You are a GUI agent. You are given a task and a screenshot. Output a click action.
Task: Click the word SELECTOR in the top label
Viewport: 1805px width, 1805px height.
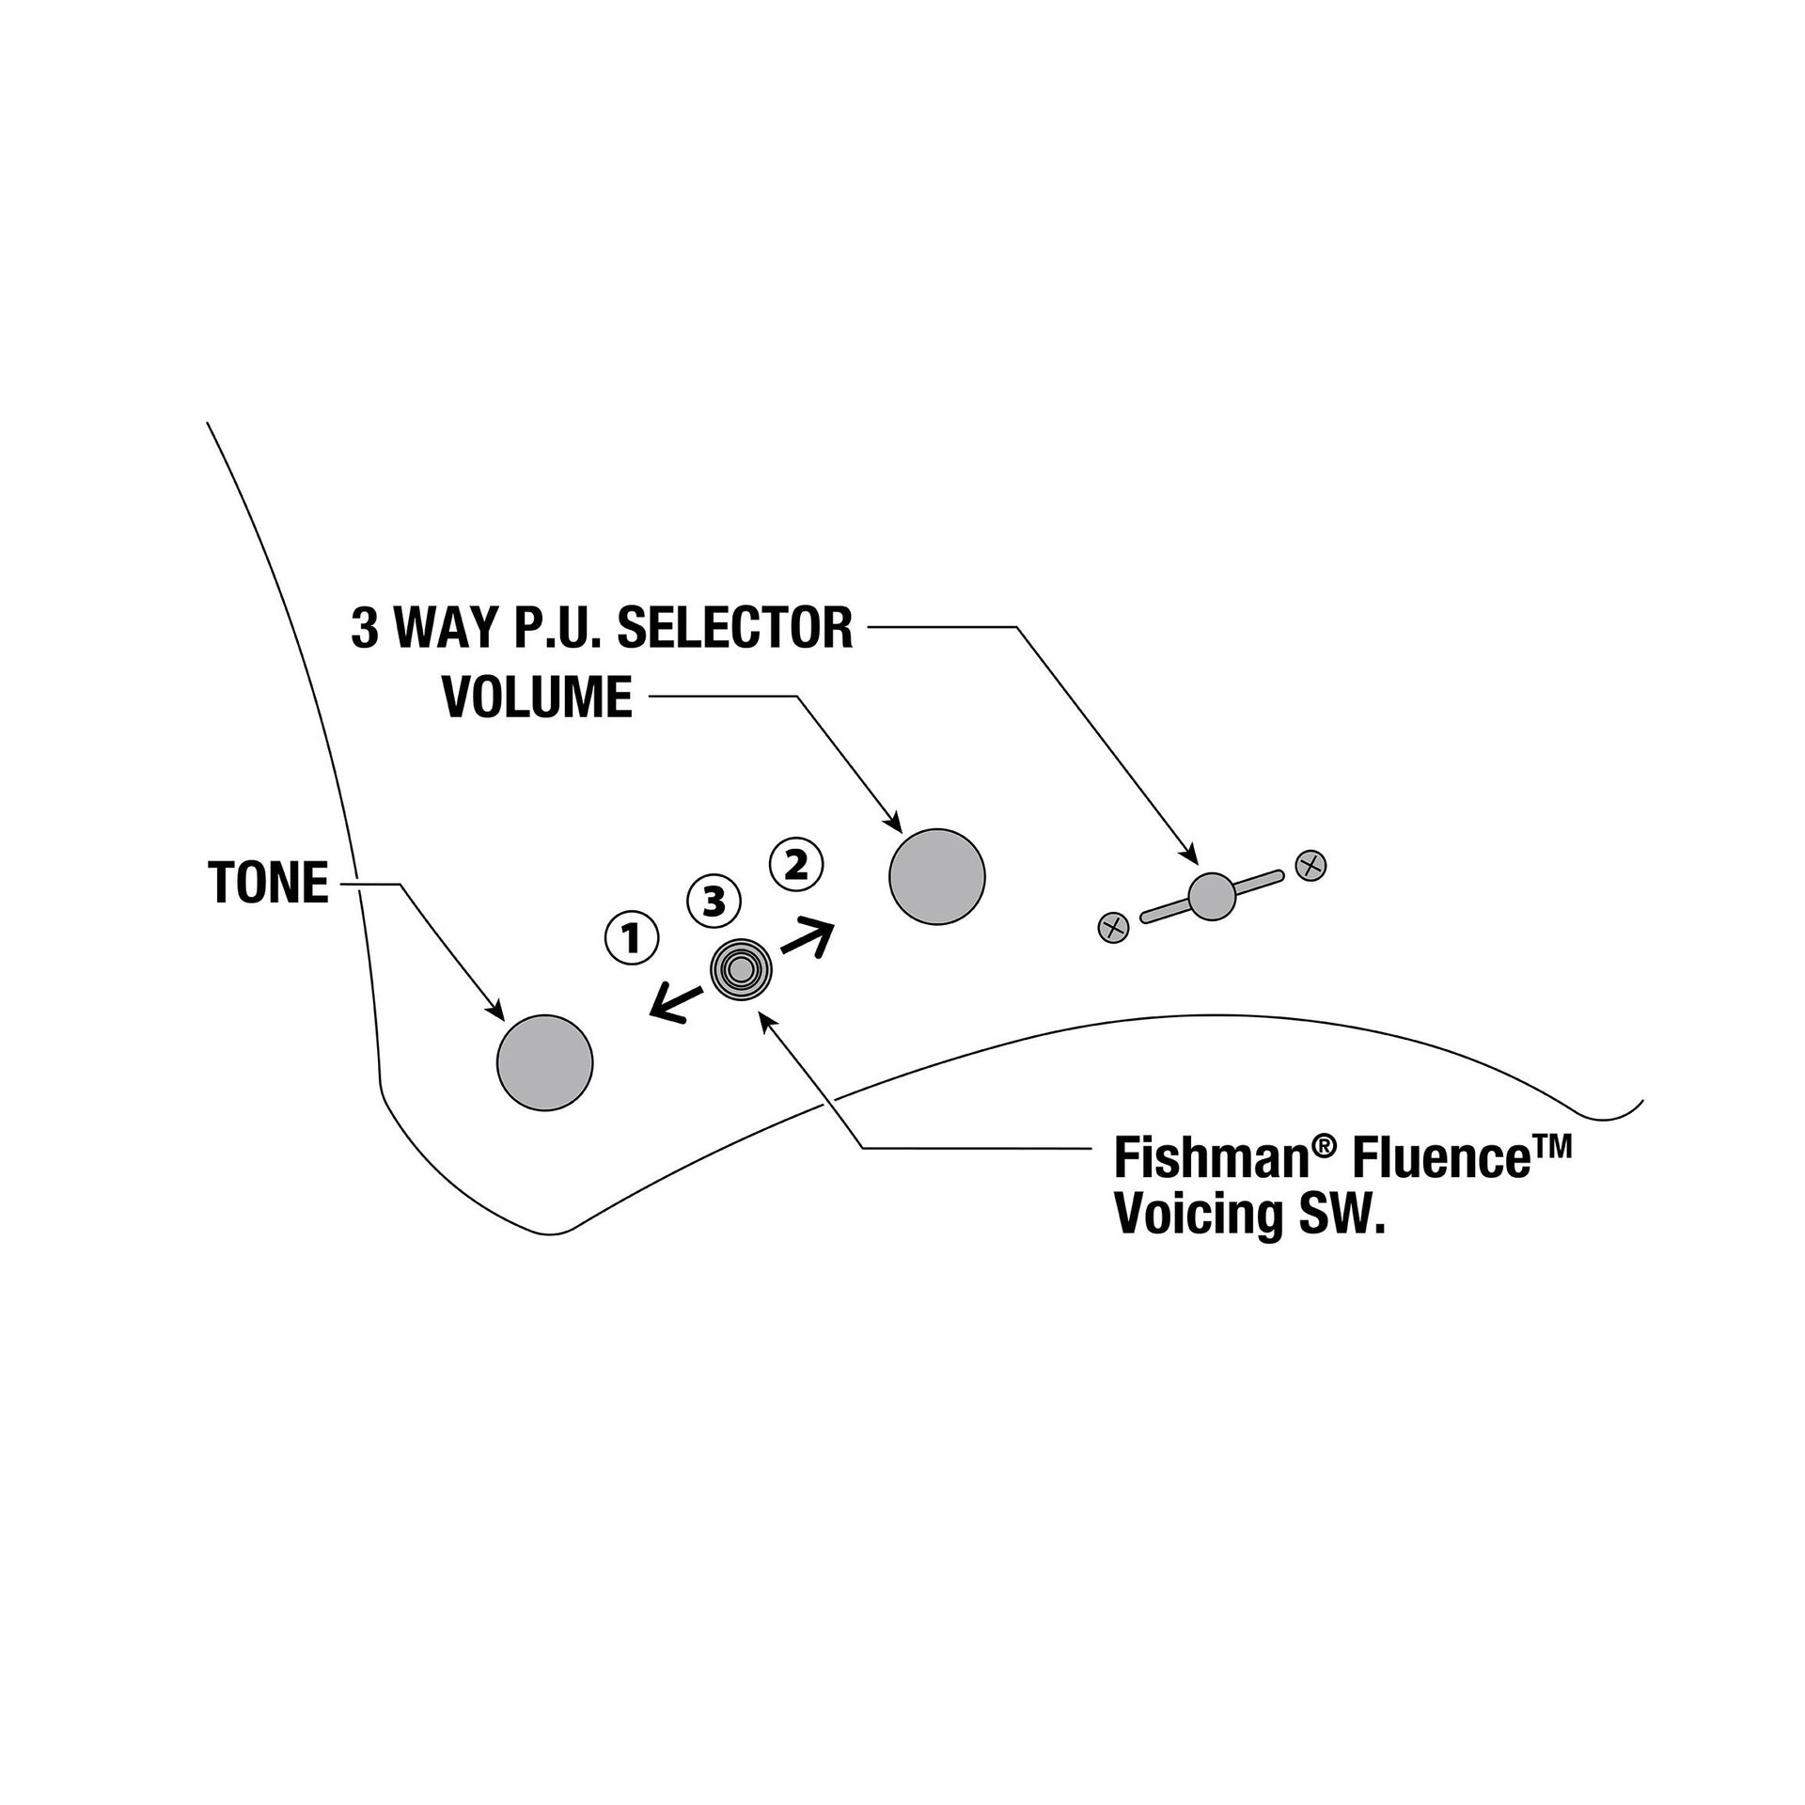[734, 629]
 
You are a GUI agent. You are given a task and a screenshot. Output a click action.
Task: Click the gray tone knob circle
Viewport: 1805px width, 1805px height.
[544, 1062]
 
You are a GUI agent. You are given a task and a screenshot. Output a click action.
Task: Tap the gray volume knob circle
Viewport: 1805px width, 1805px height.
[936, 876]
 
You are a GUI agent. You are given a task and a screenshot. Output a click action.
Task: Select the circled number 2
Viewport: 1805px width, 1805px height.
[796, 865]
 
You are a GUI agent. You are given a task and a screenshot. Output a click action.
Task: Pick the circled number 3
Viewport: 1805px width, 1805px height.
[714, 902]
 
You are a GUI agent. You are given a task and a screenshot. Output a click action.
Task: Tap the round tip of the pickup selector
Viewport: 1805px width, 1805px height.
[1211, 896]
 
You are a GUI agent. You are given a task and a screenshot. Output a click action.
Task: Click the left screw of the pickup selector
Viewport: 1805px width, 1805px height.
[1113, 928]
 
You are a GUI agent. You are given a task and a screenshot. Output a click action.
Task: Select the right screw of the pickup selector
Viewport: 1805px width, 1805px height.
[1311, 865]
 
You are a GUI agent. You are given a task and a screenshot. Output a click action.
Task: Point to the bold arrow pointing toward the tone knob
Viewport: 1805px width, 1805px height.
[679, 1000]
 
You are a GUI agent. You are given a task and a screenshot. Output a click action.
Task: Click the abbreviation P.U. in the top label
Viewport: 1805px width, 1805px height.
[557, 629]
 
